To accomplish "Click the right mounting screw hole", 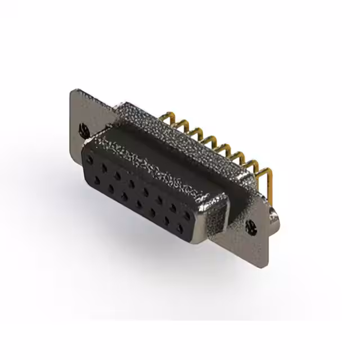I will click(251, 228).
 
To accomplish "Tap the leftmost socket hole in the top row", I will click(89, 160).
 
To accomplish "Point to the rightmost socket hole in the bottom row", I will click(180, 228).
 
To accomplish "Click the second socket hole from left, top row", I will click(105, 168).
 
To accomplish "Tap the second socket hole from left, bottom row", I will click(111, 189).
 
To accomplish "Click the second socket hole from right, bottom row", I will click(166, 220).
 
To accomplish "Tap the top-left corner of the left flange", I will click(73, 91).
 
